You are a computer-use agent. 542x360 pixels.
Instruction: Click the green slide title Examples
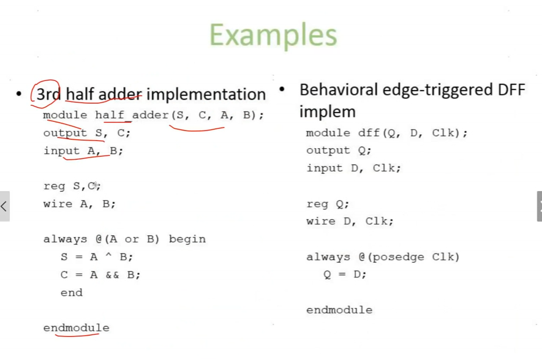[273, 35]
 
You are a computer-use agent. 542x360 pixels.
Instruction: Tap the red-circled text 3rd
[48, 94]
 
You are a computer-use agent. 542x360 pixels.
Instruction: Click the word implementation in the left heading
[206, 94]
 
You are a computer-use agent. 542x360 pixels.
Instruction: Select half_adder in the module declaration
[132, 114]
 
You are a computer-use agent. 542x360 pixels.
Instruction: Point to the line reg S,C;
[72, 186]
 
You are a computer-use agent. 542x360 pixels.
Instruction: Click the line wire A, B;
[79, 204]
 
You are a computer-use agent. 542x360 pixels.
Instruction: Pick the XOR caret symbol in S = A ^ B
[108, 256]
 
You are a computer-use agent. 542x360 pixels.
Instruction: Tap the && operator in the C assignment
[112, 275]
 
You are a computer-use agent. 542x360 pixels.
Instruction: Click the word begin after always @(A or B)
[187, 239]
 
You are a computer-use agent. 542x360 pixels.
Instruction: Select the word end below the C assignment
[72, 293]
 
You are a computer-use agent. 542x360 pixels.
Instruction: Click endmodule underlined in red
[77, 328]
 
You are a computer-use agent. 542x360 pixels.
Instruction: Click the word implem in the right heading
[327, 112]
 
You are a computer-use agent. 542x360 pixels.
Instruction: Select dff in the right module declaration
[369, 133]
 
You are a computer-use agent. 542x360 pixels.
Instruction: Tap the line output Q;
[339, 150]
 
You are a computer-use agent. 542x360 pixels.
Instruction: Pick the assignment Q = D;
[345, 274]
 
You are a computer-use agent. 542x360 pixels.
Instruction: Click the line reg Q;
[328, 204]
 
